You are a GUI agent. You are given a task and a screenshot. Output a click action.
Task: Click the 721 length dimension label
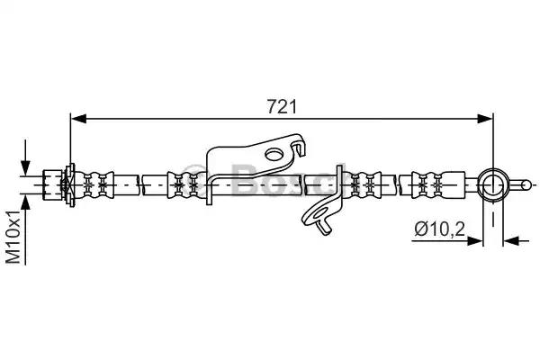(x=282, y=107)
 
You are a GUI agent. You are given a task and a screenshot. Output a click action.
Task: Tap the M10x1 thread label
(x=13, y=237)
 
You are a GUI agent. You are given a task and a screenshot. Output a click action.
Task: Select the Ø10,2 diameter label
(x=440, y=229)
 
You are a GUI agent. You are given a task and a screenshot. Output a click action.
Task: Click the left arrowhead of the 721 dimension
(x=78, y=119)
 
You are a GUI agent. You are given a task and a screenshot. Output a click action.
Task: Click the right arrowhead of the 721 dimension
(x=485, y=119)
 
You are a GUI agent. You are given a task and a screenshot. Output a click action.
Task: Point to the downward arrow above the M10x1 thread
(x=25, y=157)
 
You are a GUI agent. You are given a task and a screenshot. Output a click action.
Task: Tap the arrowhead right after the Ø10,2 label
(x=474, y=241)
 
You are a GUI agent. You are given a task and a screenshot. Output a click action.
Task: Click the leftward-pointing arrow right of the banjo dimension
(x=517, y=241)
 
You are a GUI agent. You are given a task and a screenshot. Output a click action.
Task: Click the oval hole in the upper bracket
(x=274, y=154)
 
